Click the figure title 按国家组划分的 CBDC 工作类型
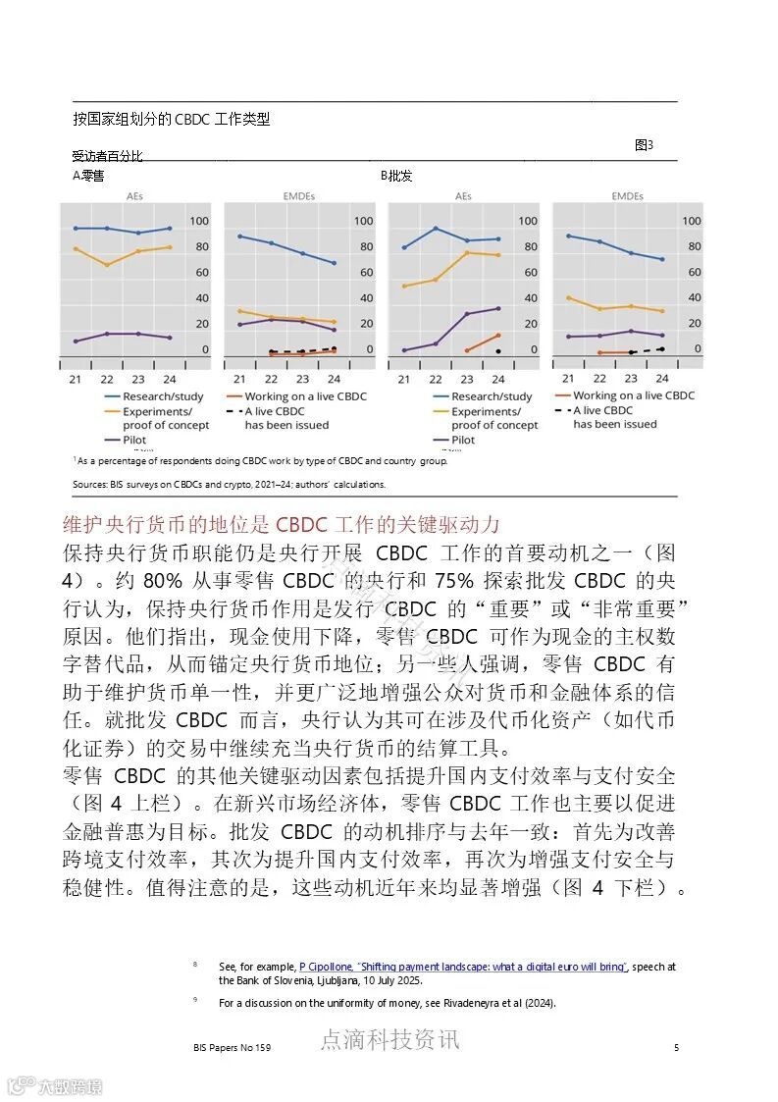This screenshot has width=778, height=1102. coord(171,120)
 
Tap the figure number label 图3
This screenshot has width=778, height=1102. coord(644,145)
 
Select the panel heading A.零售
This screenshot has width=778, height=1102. coord(88,176)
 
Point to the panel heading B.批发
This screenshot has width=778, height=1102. coord(396,176)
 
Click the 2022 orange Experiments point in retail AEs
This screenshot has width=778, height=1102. coord(107,265)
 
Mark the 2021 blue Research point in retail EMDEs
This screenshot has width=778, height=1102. coord(239,236)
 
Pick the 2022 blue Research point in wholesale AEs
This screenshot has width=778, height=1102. coord(435,229)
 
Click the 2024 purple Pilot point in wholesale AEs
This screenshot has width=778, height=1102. coord(497,308)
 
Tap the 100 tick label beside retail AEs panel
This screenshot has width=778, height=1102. coord(199,221)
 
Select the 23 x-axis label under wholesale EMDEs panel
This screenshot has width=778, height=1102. coord(631,378)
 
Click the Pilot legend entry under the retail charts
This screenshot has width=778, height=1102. coord(135,440)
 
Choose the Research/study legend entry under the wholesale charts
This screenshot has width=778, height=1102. coord(491,396)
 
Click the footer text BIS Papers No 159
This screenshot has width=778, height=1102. coord(233,1048)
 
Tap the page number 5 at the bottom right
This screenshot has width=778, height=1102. coord(676,1048)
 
